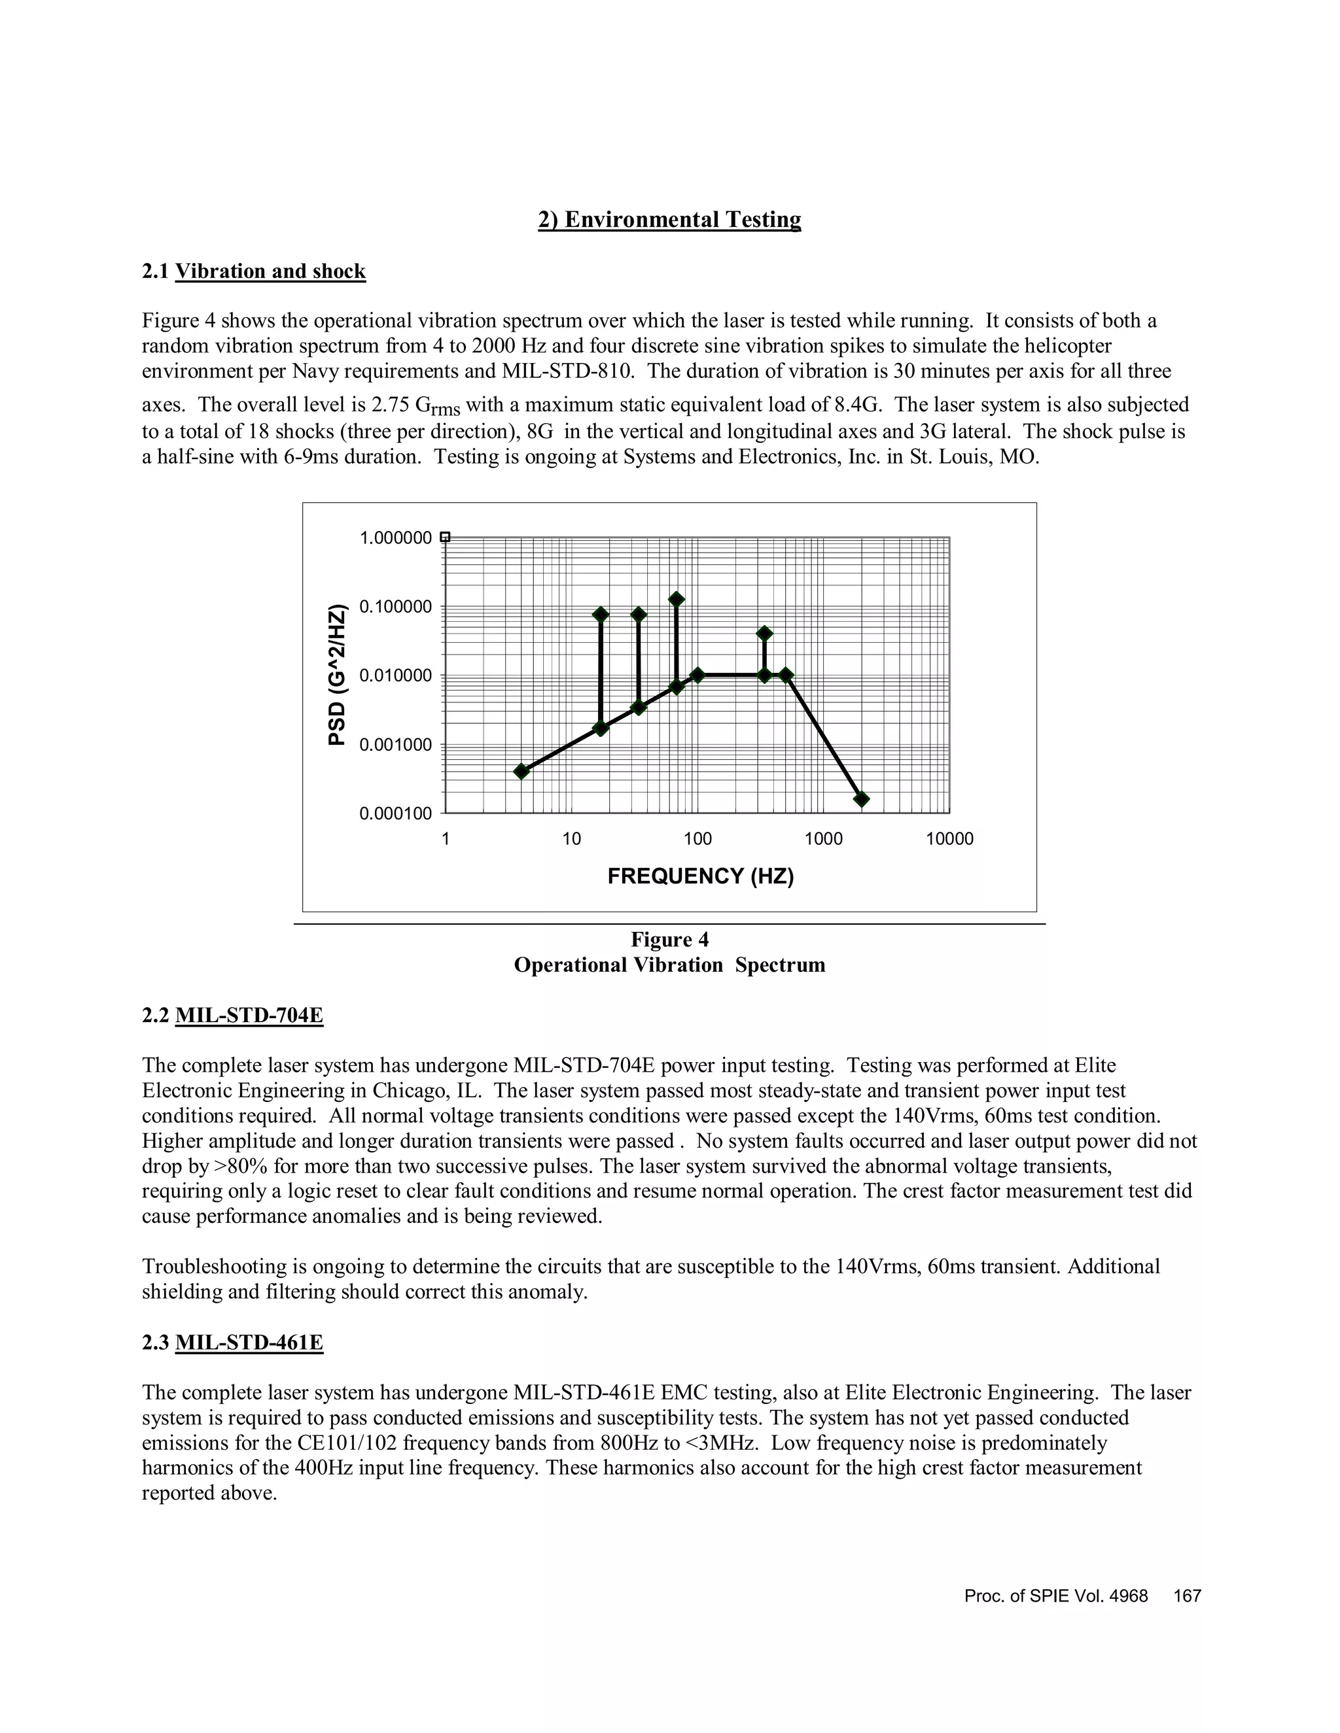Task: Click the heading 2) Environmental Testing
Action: (669, 219)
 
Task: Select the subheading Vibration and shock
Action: (270, 271)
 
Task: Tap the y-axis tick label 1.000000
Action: (395, 538)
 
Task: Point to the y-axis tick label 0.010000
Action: (395, 676)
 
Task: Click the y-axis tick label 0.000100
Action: (395, 814)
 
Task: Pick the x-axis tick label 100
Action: (697, 840)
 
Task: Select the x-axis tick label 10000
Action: (949, 840)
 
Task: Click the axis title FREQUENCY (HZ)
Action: (700, 876)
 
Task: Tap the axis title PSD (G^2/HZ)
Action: (338, 676)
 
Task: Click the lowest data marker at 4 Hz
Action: (521, 771)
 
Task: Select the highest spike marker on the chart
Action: (677, 599)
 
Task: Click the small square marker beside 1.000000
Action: (446, 537)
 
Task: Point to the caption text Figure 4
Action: (669, 940)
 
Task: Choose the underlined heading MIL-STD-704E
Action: (249, 1015)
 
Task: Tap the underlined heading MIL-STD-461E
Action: (249, 1343)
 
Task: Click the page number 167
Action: (1187, 1596)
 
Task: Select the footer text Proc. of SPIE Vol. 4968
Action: (1056, 1596)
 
